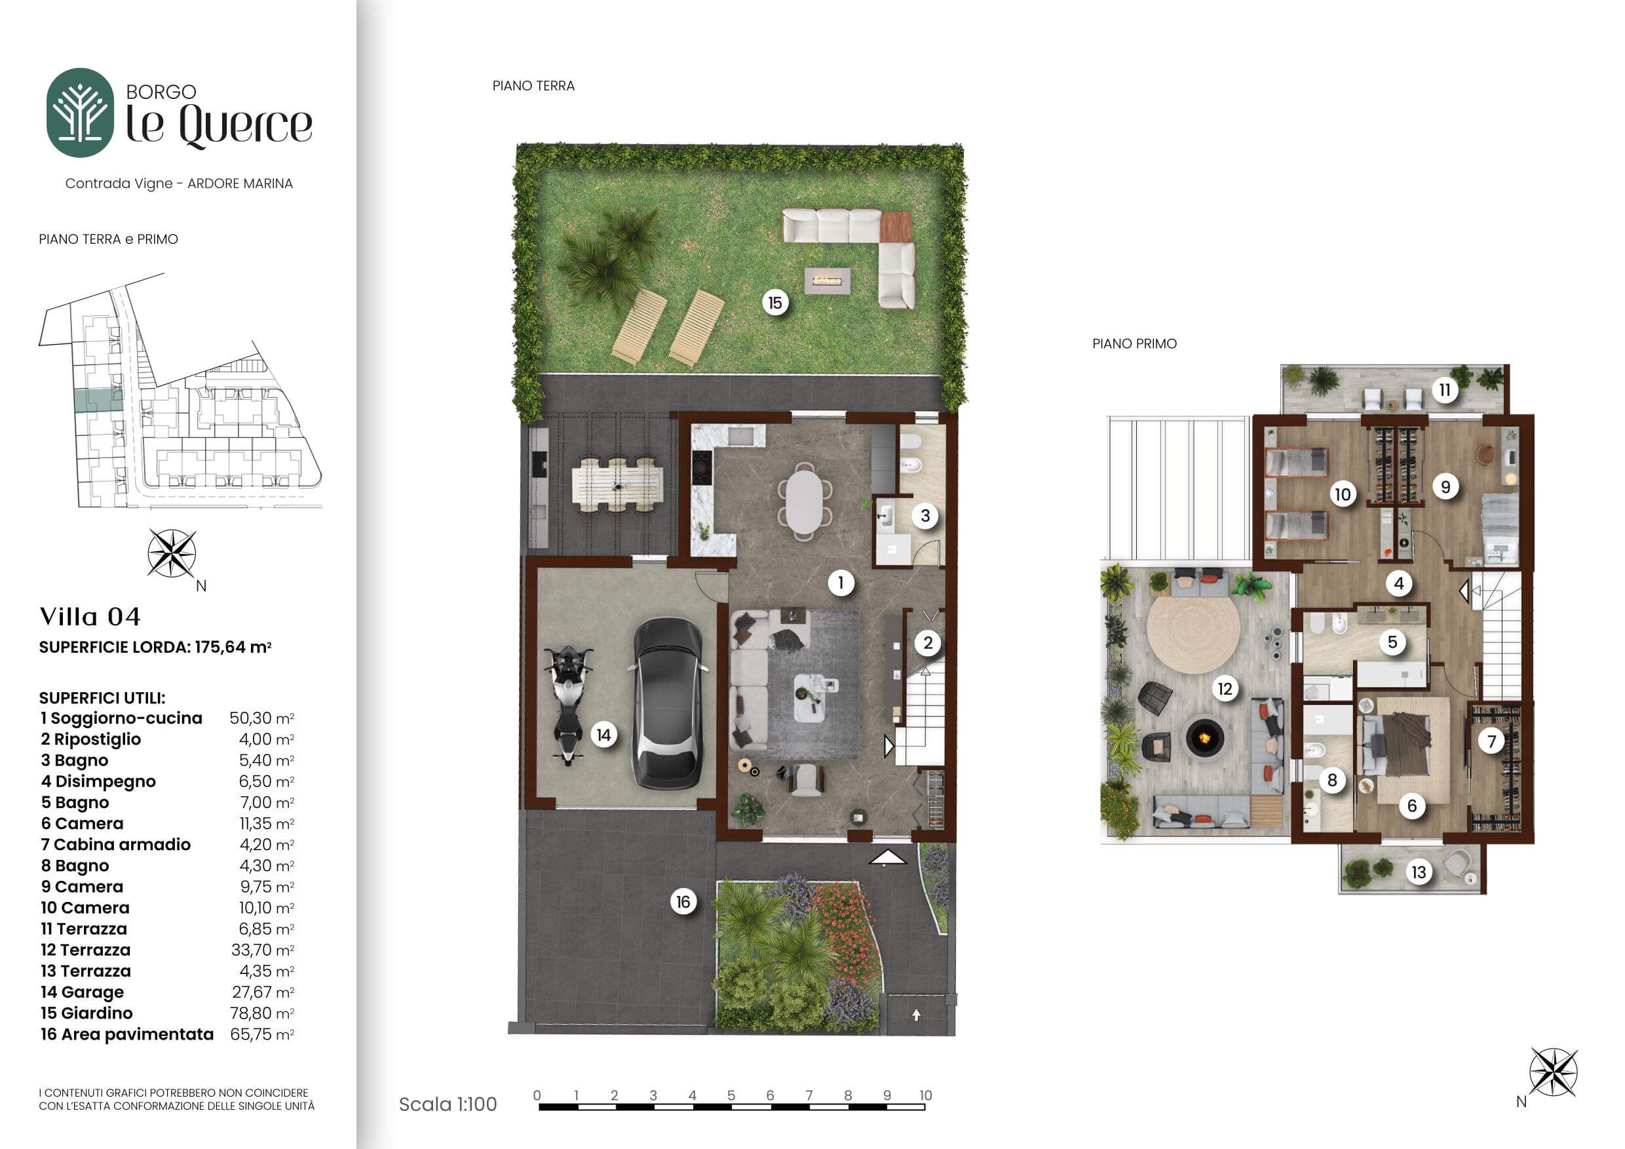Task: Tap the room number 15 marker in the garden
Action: pos(775,303)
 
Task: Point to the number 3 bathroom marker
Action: pos(925,516)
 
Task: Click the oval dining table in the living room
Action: pos(804,501)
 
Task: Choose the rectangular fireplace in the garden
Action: pos(828,281)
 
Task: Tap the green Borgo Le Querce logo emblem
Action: pos(80,112)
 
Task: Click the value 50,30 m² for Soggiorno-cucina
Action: pos(262,718)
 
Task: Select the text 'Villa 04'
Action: pos(90,617)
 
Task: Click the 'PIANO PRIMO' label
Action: pos(1134,343)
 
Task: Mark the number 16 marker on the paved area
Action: pos(683,902)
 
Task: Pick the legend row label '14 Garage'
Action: pos(82,992)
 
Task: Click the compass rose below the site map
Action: pos(172,553)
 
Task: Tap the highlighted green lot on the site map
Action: pos(98,400)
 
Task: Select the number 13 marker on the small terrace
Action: pos(1419,872)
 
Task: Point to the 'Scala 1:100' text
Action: pos(448,1104)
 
